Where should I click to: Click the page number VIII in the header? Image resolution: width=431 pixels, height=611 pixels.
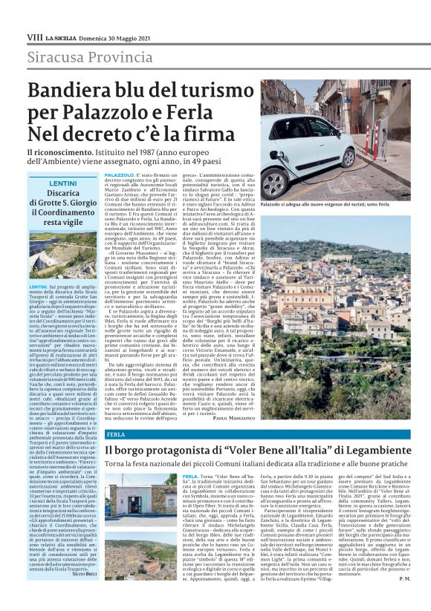(x=34, y=36)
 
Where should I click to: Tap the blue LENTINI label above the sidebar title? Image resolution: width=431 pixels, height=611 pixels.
(x=63, y=183)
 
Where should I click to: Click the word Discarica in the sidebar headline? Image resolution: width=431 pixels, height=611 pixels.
(x=63, y=195)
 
